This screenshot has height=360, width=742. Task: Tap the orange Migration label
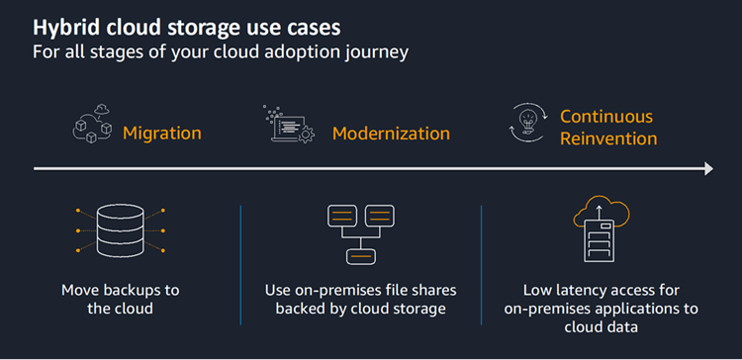coord(161,133)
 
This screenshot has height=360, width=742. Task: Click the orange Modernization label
coord(391,133)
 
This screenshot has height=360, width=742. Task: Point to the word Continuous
coord(606,116)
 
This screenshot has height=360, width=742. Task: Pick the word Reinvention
coord(607,138)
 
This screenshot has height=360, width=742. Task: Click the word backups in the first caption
coord(138,290)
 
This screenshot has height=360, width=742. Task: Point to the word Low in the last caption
coord(538,290)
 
